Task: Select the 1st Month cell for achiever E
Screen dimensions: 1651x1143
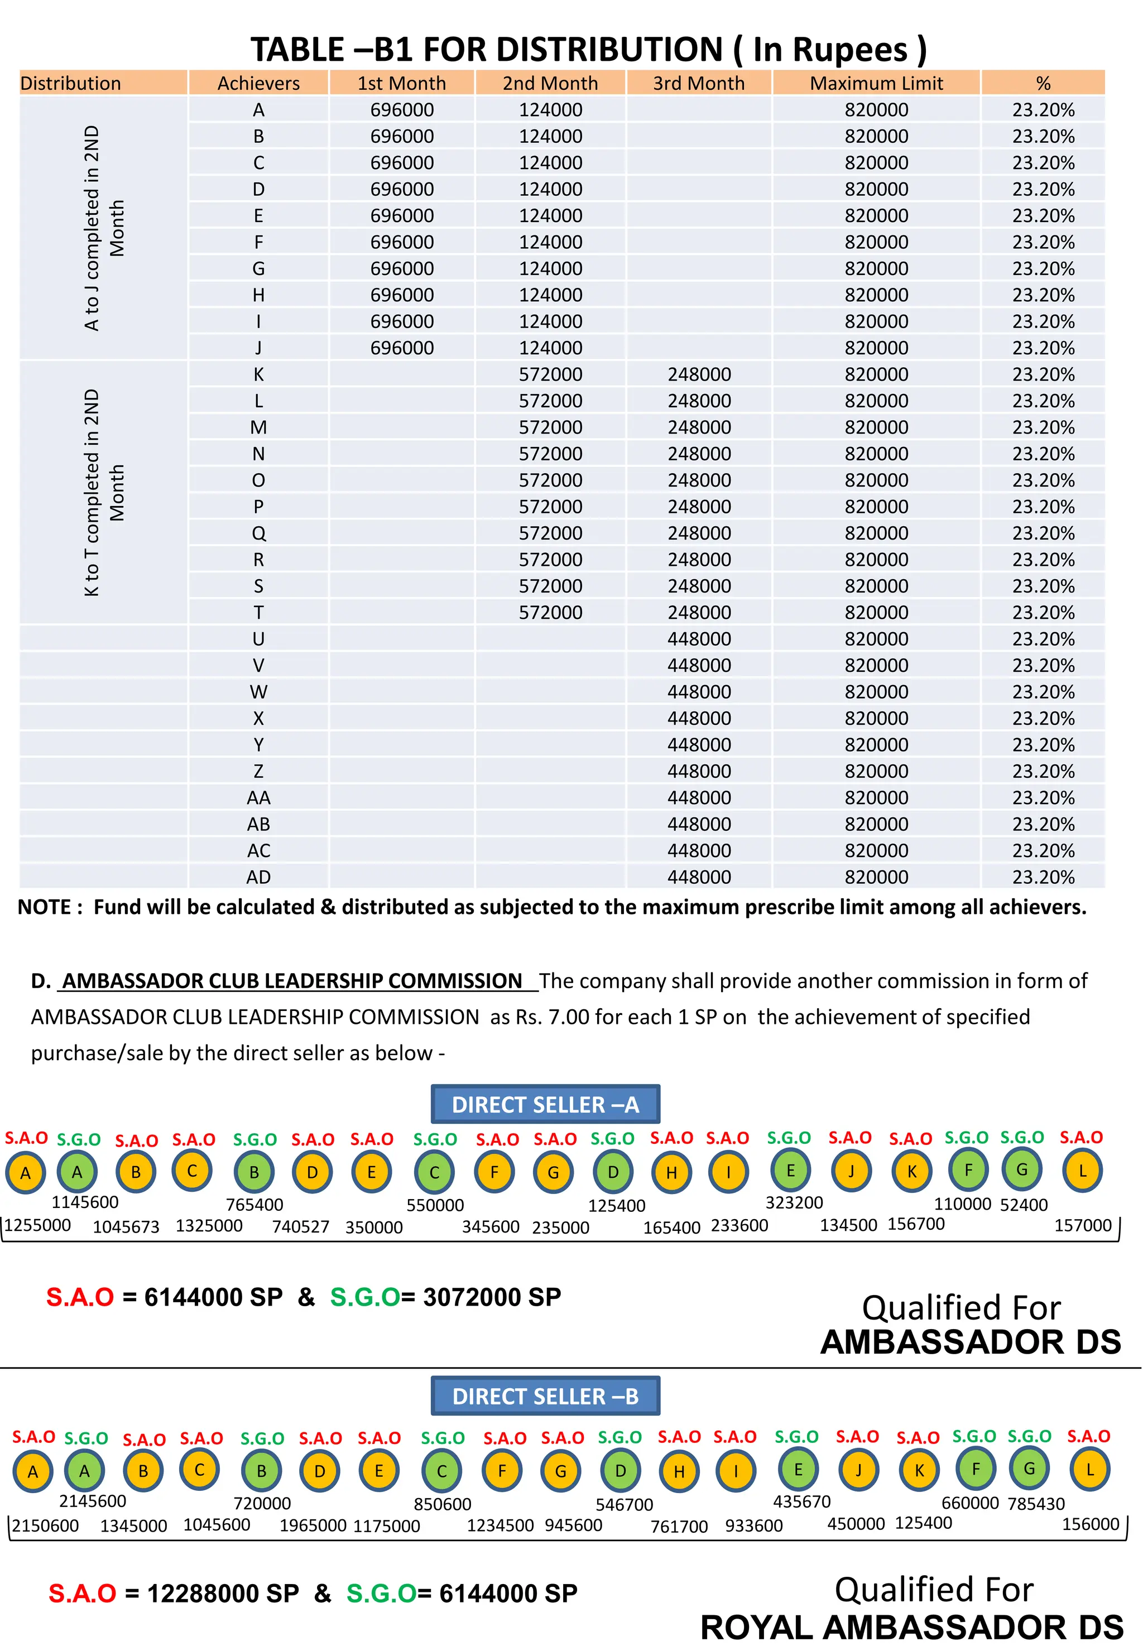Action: [402, 215]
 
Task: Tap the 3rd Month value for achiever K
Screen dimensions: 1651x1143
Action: [699, 374]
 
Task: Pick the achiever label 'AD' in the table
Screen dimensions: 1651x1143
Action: [258, 877]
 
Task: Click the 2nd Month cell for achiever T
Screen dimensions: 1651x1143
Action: [550, 613]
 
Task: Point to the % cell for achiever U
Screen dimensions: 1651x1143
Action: [1043, 639]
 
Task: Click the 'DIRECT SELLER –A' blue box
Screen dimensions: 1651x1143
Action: [545, 1105]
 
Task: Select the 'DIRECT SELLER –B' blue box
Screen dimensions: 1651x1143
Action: [545, 1396]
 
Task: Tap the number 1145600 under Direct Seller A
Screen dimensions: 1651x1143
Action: [85, 1202]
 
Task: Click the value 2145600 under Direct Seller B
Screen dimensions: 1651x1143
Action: [93, 1501]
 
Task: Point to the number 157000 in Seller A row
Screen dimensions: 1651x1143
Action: [1082, 1225]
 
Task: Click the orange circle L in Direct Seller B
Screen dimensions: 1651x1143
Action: [1089, 1470]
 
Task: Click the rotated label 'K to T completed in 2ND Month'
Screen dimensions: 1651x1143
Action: [103, 493]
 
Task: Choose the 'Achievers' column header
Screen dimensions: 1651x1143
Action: [258, 83]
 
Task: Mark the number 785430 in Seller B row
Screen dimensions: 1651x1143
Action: [1036, 1504]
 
